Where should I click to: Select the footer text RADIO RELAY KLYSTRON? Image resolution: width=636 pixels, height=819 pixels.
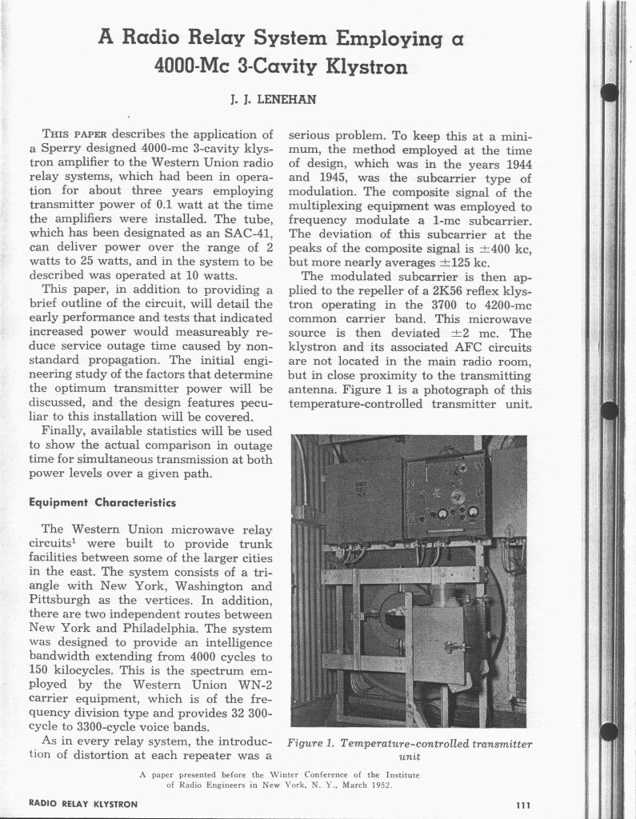click(x=82, y=803)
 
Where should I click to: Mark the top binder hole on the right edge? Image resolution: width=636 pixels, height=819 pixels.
click(x=610, y=93)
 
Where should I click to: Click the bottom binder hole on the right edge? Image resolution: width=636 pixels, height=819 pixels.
click(x=610, y=732)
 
